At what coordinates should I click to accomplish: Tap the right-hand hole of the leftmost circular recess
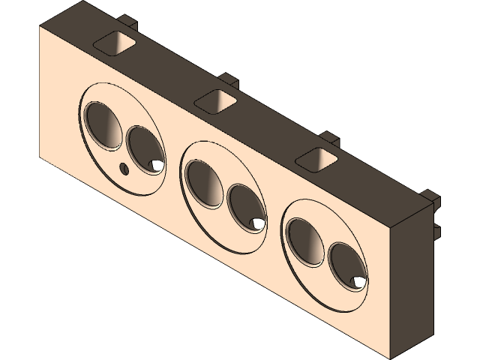click(x=144, y=149)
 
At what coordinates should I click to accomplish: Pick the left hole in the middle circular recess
click(x=203, y=183)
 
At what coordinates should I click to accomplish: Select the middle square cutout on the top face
click(x=217, y=100)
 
